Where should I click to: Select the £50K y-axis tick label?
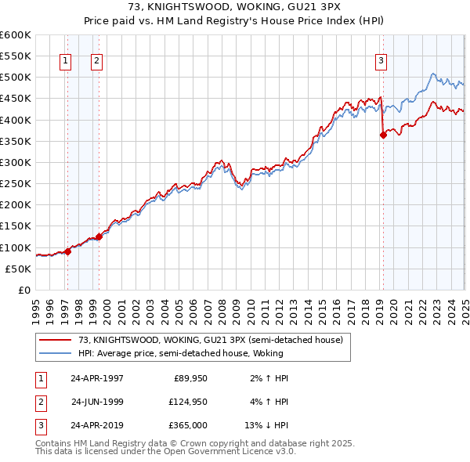point(19,269)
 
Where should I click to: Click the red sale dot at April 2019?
point(383,135)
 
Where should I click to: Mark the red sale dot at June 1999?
point(99,236)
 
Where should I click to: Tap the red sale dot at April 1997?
point(68,251)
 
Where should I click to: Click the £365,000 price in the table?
point(188,427)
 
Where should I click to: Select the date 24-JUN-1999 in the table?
point(97,402)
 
